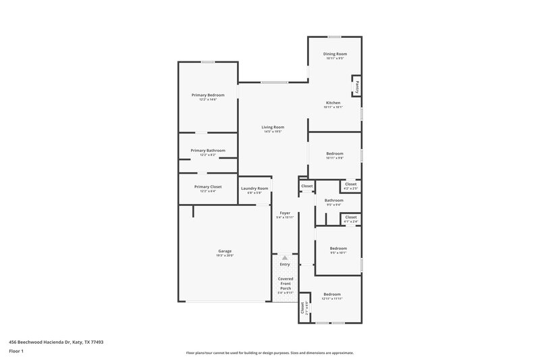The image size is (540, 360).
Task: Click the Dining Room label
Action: point(334,53)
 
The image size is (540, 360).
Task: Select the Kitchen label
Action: point(333,103)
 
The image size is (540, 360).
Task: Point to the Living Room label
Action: point(273,127)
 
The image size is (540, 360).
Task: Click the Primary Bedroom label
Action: point(207,95)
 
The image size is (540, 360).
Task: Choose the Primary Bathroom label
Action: point(207,150)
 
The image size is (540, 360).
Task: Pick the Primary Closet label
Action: point(207,186)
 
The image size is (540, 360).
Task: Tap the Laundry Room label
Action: point(254,188)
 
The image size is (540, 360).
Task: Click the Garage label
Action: point(225,251)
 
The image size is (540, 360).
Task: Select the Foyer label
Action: point(285,213)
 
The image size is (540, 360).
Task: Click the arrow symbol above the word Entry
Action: point(285,257)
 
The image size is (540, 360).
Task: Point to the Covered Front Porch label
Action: point(285,283)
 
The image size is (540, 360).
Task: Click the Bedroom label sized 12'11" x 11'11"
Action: point(331,294)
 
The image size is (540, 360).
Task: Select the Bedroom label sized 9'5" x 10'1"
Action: point(337,248)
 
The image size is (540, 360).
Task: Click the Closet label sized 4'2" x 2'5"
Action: point(350,184)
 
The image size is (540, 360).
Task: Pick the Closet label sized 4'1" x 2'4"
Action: point(350,217)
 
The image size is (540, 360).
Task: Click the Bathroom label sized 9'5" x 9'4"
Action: point(333,200)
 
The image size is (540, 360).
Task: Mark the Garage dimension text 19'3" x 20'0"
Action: point(225,255)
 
